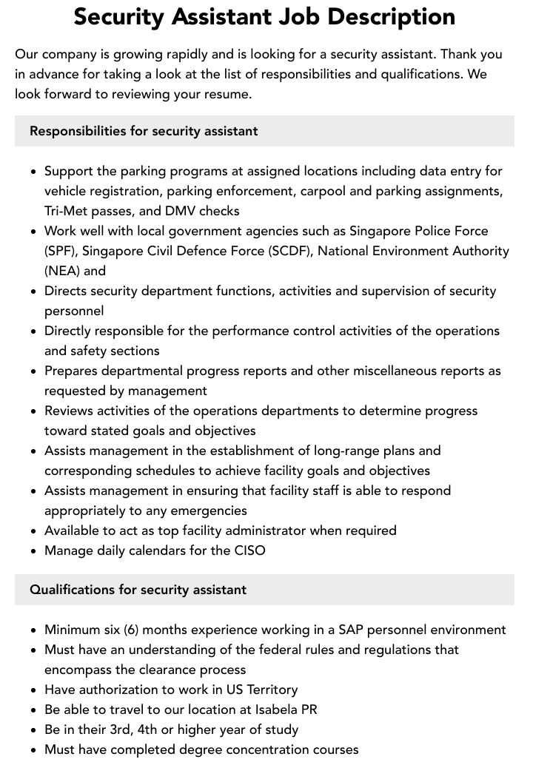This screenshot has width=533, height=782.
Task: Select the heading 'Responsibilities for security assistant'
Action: tap(144, 131)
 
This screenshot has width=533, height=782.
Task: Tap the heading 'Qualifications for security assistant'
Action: tap(138, 590)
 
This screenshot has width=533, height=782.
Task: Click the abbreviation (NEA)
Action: tap(62, 271)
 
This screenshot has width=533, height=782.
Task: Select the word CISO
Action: tap(249, 550)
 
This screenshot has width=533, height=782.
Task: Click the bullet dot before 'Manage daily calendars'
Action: tap(33, 551)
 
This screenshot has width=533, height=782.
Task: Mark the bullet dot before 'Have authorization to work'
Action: tap(33, 690)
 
